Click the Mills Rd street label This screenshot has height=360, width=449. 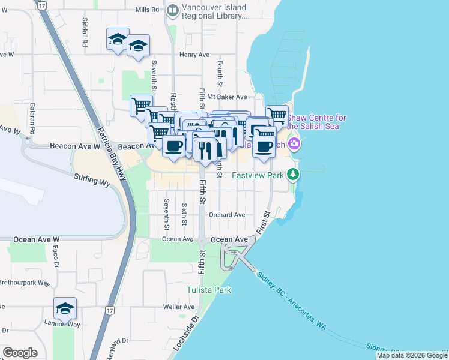(x=148, y=10)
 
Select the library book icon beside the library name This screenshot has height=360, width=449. (x=173, y=10)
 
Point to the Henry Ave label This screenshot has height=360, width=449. (x=194, y=55)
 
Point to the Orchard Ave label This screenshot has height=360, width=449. (x=227, y=215)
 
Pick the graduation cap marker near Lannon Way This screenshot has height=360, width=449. (x=65, y=308)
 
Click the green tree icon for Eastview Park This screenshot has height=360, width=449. (x=293, y=175)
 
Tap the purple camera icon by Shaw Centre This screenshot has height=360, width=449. (x=294, y=143)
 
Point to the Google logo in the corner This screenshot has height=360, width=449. (x=20, y=353)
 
